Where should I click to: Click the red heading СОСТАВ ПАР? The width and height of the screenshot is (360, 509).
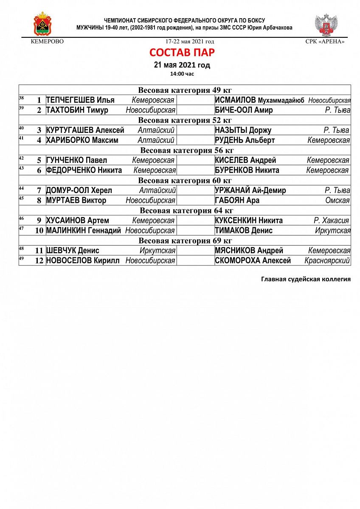coord(182,53)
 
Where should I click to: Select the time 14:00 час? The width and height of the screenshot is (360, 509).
coord(182,74)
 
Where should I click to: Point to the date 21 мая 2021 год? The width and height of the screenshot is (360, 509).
coord(182,65)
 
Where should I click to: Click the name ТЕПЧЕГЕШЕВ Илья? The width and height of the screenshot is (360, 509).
coord(80,100)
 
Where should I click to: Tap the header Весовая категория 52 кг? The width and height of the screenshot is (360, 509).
coord(185,120)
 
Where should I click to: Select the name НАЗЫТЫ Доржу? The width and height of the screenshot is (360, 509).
coord(243,130)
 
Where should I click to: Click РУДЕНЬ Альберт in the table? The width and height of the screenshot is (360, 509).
coord(245,140)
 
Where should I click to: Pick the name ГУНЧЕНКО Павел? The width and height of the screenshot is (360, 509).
coord(76,160)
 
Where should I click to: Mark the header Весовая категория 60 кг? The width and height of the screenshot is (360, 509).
coord(185,181)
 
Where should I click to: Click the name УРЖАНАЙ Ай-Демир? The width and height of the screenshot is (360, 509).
coord(250,190)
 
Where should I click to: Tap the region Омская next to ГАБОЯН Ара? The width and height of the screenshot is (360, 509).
coord(337,201)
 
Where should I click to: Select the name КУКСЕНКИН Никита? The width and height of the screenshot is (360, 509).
coord(249,221)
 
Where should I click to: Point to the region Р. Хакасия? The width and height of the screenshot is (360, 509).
coord(331,221)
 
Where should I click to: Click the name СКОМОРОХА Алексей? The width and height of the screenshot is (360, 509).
coord(253,261)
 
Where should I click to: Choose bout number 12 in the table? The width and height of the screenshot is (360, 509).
coord(39,261)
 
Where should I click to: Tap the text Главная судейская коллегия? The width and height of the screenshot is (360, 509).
coord(306,279)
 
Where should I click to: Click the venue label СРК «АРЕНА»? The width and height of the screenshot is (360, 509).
coord(325,42)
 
